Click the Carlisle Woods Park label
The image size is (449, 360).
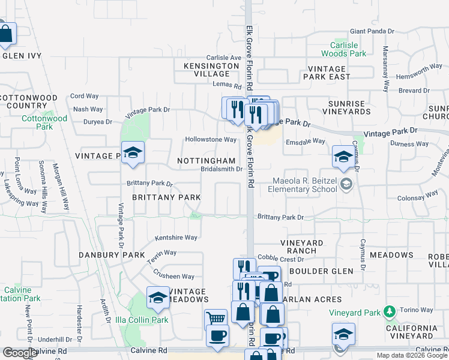tap(348, 49)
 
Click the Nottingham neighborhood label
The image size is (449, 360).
tap(206, 161)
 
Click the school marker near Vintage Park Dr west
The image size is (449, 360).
tap(133, 153)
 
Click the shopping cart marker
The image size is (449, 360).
tap(215, 319)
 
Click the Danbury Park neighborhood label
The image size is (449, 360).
tap(112, 255)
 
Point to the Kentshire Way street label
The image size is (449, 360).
tap(176, 238)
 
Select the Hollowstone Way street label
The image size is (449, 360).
tap(210, 140)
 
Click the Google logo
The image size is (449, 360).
tap(20, 353)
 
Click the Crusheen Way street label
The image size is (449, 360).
tap(174, 277)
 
